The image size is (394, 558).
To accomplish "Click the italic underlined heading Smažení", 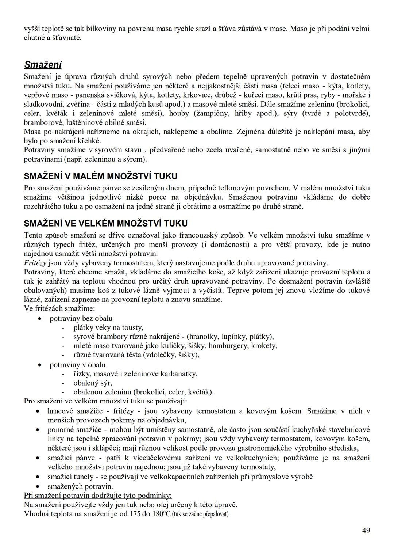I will tap(42, 65).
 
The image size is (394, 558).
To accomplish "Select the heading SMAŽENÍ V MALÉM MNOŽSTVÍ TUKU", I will tap(101, 176).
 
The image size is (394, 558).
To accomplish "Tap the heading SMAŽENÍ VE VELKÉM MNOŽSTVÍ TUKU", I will tap(106, 224).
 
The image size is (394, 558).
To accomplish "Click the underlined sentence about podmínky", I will tap(98, 496).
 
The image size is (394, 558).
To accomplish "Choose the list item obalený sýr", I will tap(93, 383).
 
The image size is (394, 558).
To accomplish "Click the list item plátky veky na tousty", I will tap(108, 327).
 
